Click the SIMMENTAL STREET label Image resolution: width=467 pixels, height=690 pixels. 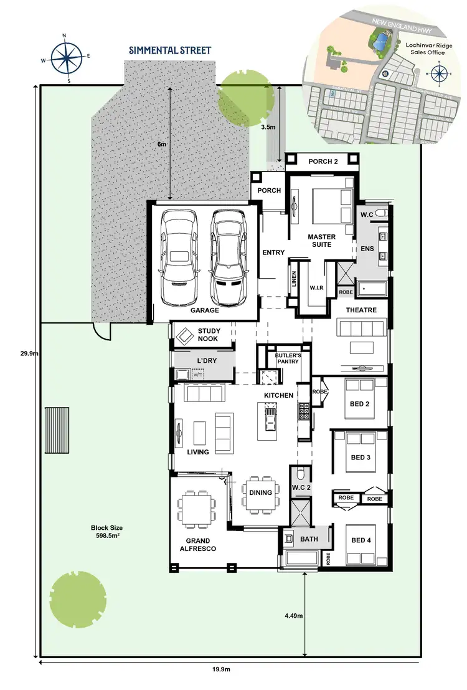tap(170, 50)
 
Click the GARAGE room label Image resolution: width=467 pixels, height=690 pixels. tap(205, 310)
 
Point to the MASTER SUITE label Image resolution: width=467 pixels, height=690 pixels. tap(321, 241)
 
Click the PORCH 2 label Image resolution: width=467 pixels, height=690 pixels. tap(323, 162)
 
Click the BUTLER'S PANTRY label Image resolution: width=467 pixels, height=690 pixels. tap(288, 358)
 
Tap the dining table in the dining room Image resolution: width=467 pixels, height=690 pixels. tap(260, 493)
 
